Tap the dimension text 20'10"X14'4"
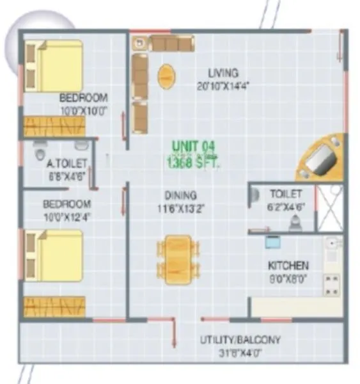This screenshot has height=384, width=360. (223, 84)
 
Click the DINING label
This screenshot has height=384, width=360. (180, 195)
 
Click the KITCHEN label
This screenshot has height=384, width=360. (288, 264)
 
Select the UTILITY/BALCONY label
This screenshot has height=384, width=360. (239, 340)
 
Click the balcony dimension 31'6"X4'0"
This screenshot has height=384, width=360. (239, 353)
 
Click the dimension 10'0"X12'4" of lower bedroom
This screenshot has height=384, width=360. (67, 217)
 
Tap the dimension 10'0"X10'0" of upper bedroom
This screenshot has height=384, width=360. (83, 110)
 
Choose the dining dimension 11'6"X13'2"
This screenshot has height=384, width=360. (180, 207)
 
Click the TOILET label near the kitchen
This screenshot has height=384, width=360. (282, 193)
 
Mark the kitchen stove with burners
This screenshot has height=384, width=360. (331, 285)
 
